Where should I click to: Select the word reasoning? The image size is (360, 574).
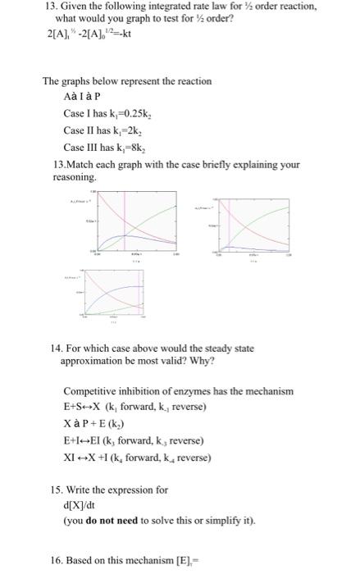coord(74,176)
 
